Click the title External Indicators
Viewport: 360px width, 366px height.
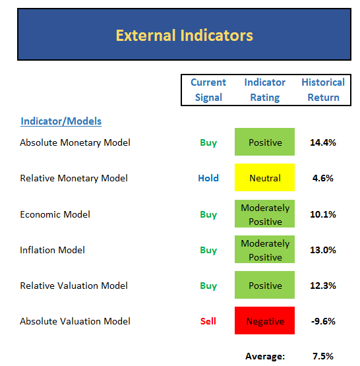tap(185, 36)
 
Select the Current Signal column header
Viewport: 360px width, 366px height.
tap(208, 90)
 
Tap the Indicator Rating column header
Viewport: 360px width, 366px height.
tap(265, 90)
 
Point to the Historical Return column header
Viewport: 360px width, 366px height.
tap(323, 90)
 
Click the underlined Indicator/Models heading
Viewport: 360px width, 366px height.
tap(61, 121)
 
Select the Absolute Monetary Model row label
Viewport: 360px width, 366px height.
tap(75, 142)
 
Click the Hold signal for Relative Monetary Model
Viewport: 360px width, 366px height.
tap(208, 178)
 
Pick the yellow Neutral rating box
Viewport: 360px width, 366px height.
tap(264, 177)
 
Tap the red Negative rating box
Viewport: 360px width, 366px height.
tap(264, 320)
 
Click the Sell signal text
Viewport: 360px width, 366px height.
tap(208, 321)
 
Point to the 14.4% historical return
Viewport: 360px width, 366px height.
tap(323, 142)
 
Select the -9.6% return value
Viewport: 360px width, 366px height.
tap(323, 321)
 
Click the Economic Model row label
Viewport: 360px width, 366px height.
tap(55, 214)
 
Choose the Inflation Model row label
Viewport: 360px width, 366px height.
tap(53, 250)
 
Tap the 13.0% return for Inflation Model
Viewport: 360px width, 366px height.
tap(323, 250)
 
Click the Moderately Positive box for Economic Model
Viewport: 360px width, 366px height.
tap(264, 214)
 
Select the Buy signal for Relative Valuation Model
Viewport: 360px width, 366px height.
tap(208, 286)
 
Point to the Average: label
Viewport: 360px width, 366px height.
tap(265, 356)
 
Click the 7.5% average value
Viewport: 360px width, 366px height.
tap(323, 356)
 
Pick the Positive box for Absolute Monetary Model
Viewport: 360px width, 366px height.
tap(264, 142)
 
